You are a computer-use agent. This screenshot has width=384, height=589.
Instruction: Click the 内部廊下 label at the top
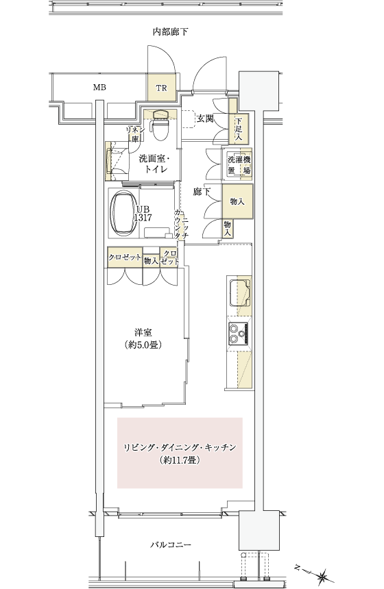(x=170, y=32)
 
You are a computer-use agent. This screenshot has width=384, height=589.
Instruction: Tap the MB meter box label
(x=99, y=88)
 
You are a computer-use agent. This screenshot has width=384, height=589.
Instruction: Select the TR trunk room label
(x=161, y=88)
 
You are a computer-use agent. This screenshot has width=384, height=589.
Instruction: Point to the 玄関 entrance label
(x=205, y=118)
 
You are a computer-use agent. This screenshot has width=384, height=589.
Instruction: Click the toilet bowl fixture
(x=160, y=126)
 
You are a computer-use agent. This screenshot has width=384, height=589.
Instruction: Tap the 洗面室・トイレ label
(x=154, y=164)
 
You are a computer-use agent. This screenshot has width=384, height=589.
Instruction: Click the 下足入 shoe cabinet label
(x=239, y=130)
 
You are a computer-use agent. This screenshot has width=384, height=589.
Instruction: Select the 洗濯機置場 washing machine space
(x=239, y=164)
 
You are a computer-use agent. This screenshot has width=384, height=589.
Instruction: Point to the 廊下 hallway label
(x=202, y=192)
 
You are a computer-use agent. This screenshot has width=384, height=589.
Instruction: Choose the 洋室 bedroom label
(x=143, y=332)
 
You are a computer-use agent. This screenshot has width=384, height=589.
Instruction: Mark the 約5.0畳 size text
(x=143, y=344)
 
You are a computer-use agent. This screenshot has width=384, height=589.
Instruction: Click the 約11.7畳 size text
(x=180, y=459)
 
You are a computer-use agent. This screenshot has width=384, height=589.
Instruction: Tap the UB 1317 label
(x=144, y=213)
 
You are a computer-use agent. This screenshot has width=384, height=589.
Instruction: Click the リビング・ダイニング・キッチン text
(x=180, y=447)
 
